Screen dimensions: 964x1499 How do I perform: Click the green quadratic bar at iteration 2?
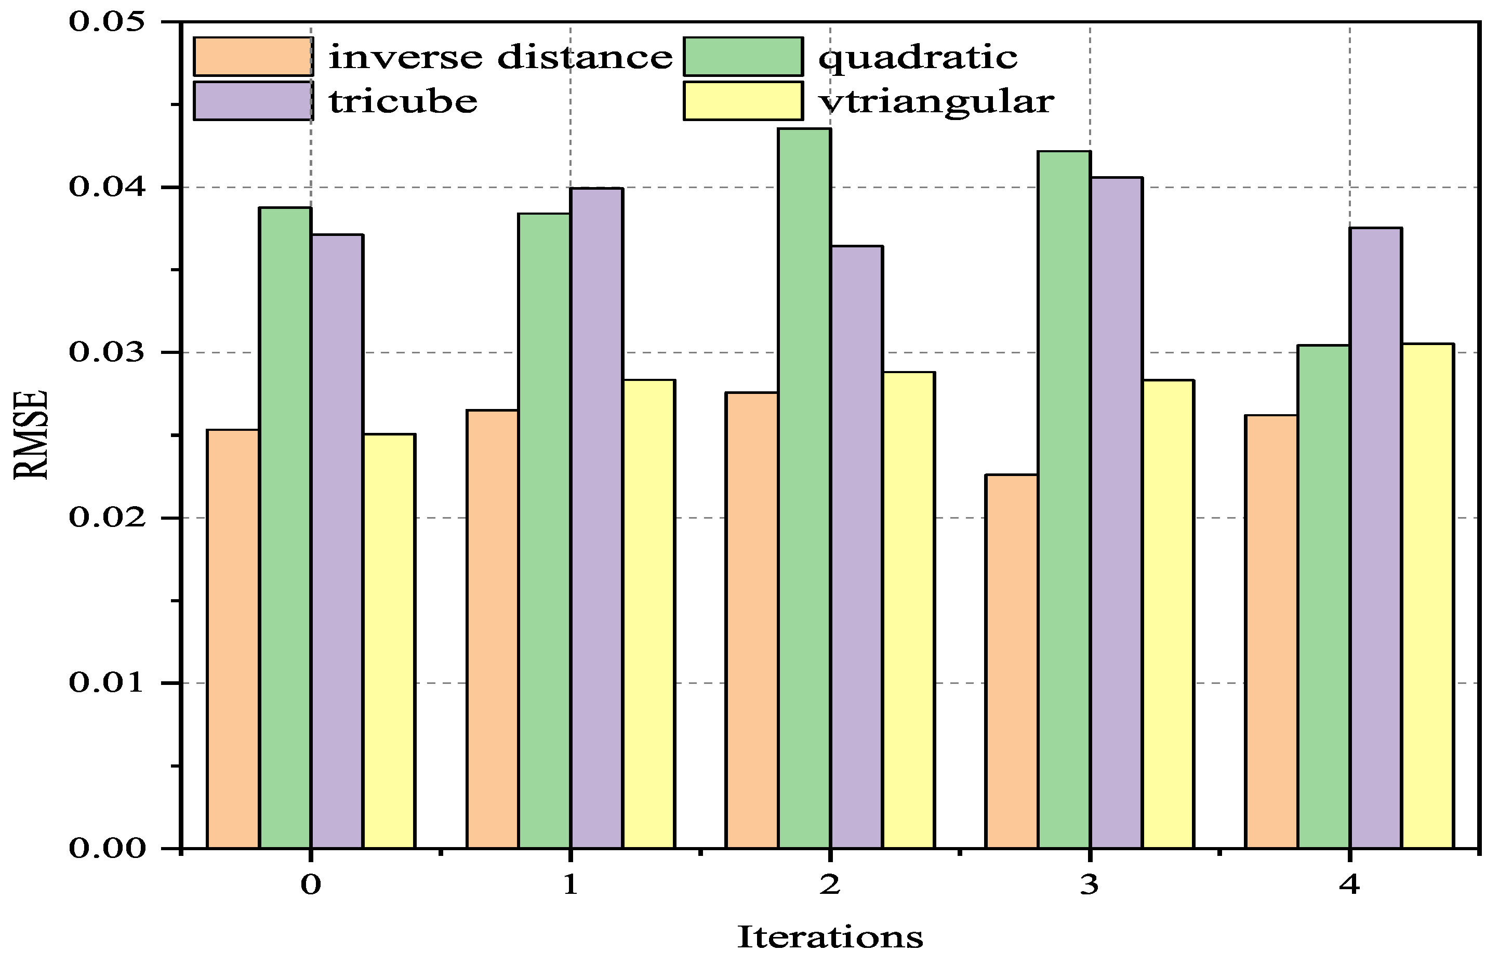804,489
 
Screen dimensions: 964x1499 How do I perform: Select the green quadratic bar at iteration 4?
1322,597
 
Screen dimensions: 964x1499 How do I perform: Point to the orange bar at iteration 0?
233,639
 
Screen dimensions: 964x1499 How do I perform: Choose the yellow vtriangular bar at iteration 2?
909,610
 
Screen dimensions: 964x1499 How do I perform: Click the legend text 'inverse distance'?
500,58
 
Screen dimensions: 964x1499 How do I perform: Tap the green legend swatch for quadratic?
742,56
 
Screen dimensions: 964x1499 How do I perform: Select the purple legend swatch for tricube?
253,101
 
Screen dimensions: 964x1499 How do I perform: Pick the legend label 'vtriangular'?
936,101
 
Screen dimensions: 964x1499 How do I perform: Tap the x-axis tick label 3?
1089,885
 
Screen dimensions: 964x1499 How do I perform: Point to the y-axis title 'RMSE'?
30,435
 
